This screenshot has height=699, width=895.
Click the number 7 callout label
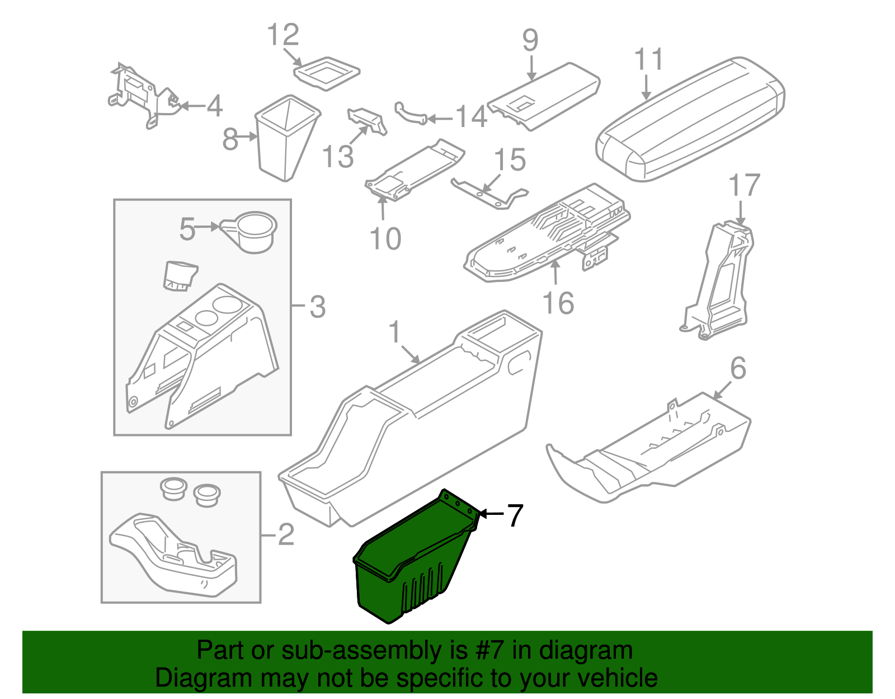coord(515,515)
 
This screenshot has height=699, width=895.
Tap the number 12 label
coord(283,35)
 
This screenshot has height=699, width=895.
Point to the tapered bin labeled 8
coord(287,138)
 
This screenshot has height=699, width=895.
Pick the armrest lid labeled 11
coord(690,119)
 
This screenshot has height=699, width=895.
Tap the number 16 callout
coord(558,303)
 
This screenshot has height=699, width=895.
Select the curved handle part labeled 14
coord(412,112)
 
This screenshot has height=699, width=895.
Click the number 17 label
coord(745,185)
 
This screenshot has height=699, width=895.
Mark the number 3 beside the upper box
coord(318,307)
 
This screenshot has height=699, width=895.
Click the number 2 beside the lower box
coord(286,534)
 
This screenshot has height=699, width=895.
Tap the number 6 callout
coord(738,368)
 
